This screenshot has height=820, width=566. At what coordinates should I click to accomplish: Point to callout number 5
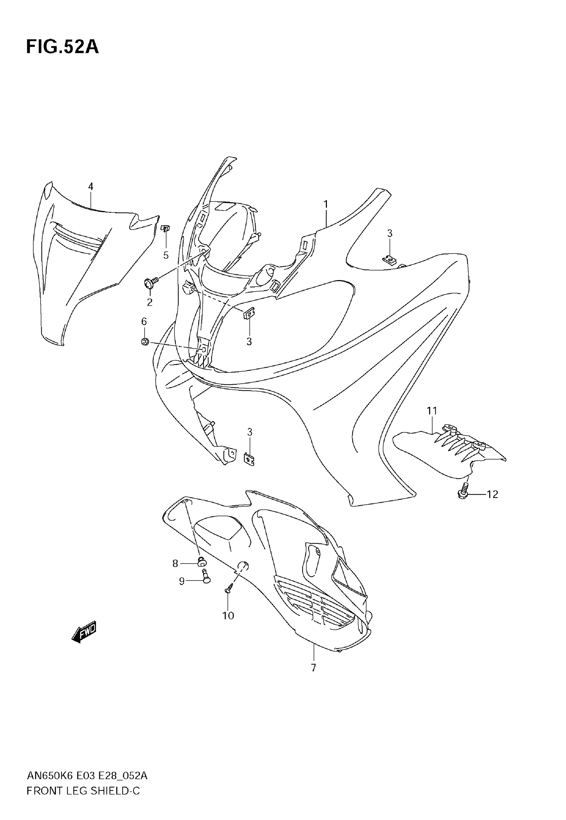(166, 255)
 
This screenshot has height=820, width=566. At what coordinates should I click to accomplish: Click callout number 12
(492, 494)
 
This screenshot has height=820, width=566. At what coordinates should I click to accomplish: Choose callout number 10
(228, 616)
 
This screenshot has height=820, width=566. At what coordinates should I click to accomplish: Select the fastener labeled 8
(202, 562)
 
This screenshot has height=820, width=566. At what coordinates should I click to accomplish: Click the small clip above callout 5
(165, 228)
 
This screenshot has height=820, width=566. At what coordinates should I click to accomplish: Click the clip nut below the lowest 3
(249, 459)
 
